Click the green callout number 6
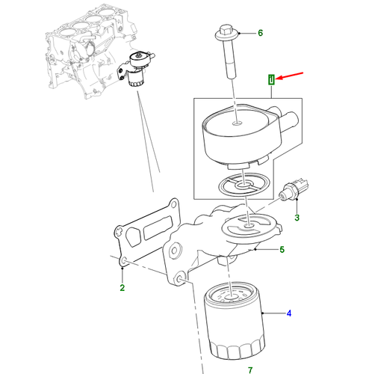tap(260, 33)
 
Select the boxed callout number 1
tap(271, 79)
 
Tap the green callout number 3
tap(297, 218)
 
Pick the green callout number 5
tap(282, 249)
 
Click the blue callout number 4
tap(289, 313)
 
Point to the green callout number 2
tap(122, 288)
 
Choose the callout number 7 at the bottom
tap(250, 370)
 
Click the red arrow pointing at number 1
tap(289, 76)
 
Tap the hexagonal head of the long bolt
tap(226, 30)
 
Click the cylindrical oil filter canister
tap(234, 320)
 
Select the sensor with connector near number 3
tap(294, 189)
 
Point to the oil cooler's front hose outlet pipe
tap(290, 121)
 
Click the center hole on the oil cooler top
tap(237, 123)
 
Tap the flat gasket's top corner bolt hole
tap(173, 205)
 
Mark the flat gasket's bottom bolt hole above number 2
tap(124, 261)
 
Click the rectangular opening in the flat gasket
tap(158, 227)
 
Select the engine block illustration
tap(92, 51)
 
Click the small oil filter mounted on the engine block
tap(136, 79)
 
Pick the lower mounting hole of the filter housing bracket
tap(180, 280)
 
